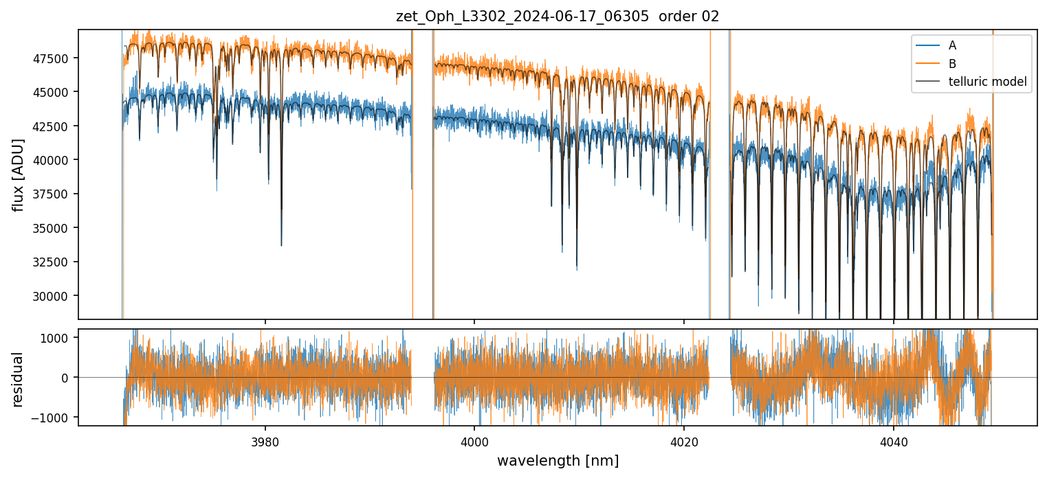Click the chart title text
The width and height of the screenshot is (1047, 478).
(x=558, y=16)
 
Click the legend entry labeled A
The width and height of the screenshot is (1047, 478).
(x=952, y=45)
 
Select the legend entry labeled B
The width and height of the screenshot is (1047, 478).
(x=952, y=64)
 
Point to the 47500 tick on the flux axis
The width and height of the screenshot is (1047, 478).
(x=52, y=58)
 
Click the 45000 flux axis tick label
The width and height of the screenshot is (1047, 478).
(x=52, y=92)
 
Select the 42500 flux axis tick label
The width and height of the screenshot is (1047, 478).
(x=52, y=126)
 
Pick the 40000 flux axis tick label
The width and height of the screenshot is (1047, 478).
(x=52, y=160)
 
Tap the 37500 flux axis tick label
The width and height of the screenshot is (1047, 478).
(x=52, y=194)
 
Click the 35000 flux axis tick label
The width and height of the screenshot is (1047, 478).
(x=52, y=228)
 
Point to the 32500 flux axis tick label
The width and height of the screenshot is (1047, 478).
(x=52, y=262)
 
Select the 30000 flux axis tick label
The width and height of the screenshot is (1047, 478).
(x=52, y=296)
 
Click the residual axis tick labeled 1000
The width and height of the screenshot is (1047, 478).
(x=58, y=338)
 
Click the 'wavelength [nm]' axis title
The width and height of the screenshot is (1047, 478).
(x=558, y=460)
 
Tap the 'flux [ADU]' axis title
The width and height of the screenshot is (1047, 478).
(x=19, y=174)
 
